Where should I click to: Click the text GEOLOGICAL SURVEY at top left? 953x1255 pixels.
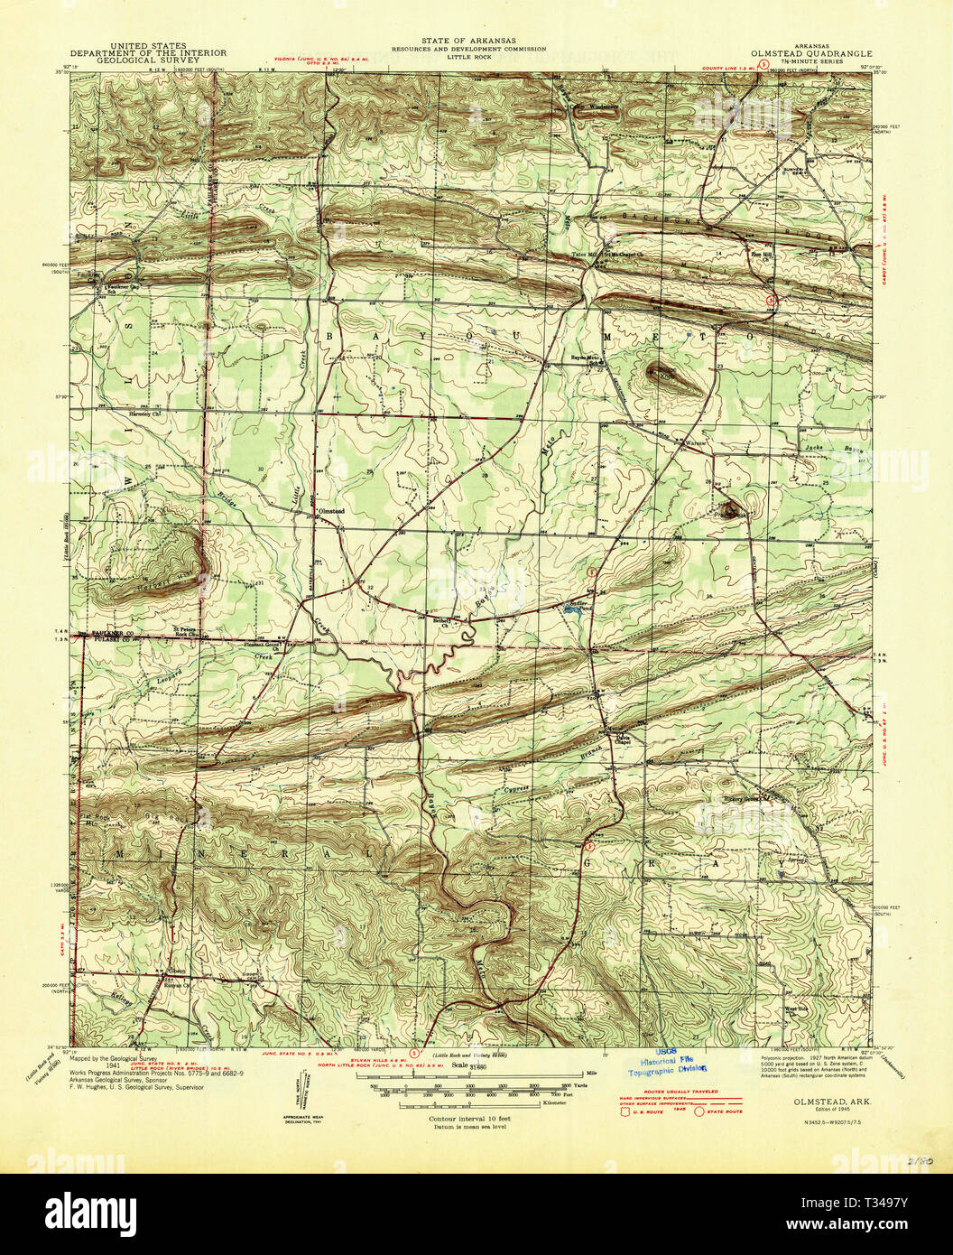click(148, 60)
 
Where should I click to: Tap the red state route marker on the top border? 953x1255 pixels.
click(763, 66)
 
